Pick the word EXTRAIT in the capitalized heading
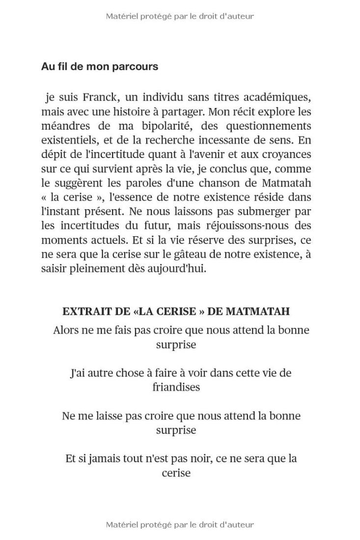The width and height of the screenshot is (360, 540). coord(82,311)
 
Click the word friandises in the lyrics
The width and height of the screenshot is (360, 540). coord(176,387)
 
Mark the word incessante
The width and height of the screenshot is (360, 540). coord(230,140)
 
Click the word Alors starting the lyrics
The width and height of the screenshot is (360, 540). coord(66,330)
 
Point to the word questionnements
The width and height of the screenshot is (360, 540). coord(269,126)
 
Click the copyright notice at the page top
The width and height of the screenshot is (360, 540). coord(180,16)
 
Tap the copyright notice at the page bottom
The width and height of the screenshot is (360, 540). coord(180,525)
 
